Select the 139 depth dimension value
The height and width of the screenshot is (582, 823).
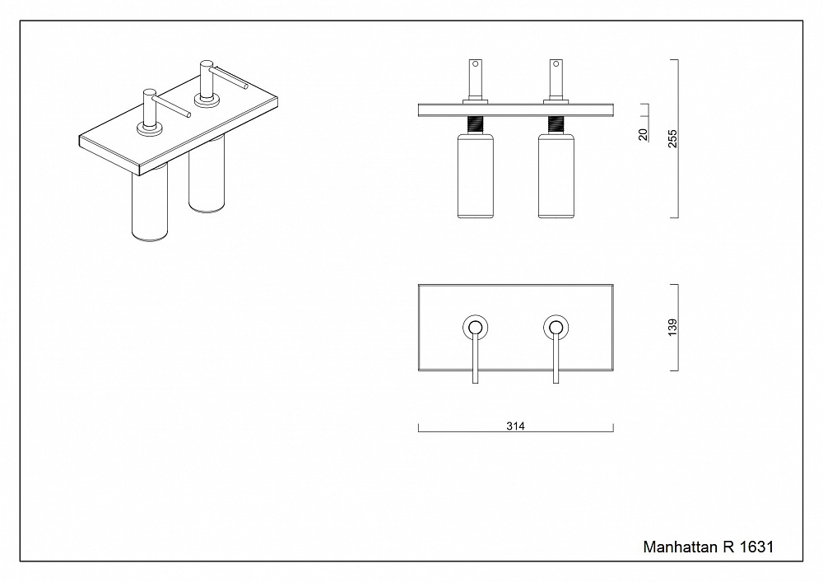click(x=672, y=327)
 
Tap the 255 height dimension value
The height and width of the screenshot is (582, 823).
click(x=672, y=139)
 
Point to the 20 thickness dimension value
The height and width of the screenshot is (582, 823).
click(x=644, y=134)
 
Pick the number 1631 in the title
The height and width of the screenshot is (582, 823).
click(x=756, y=547)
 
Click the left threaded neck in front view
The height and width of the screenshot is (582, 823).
click(x=475, y=124)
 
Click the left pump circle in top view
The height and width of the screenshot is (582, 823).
click(x=475, y=327)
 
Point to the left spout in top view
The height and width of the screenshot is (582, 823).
click(x=475, y=362)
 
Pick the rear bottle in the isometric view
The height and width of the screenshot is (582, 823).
click(x=206, y=181)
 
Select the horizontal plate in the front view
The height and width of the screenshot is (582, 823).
click(x=516, y=109)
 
